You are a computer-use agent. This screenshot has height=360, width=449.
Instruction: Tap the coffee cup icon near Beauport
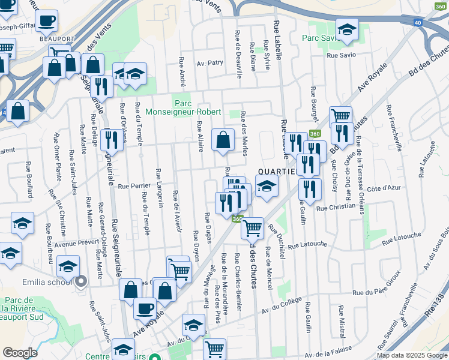tap(46, 20)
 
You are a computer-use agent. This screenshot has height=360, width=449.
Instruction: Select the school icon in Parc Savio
tap(346, 29)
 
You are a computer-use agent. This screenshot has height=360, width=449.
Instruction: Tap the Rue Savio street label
tap(341, 55)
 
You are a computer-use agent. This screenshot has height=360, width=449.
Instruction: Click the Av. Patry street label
tap(209, 62)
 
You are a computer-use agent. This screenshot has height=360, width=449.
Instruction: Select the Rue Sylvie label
tap(267, 55)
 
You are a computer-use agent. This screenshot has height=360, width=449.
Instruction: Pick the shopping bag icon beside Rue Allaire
tap(223, 140)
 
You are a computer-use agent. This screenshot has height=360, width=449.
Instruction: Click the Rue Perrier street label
tap(133, 186)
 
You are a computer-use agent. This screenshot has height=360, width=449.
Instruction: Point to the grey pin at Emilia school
tap(80, 281)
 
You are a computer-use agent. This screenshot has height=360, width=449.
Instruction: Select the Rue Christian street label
tap(336, 207)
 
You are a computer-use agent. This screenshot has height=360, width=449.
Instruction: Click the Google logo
tap(20, 353)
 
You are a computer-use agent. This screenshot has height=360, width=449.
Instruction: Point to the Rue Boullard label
tap(29, 179)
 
